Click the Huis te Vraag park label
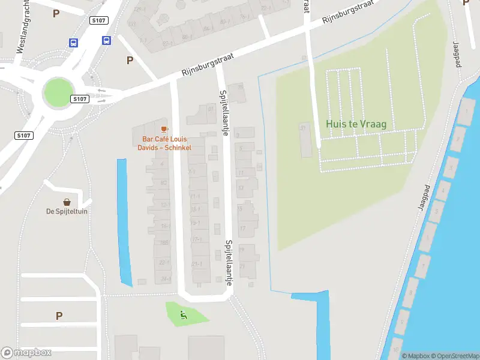pyautogui.click(x=356, y=124)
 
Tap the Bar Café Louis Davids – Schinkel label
pyautogui.click(x=163, y=143)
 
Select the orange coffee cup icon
pyautogui.click(x=164, y=129)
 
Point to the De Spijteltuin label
pyautogui.click(x=67, y=211)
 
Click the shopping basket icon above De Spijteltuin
pyautogui.click(x=67, y=202)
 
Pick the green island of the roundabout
pyautogui.click(x=57, y=93)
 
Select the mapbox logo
pyautogui.click(x=26, y=353)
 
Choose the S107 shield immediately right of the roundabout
pyautogui.click(x=79, y=98)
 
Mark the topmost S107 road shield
pyautogui.click(x=98, y=20)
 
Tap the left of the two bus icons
pyautogui.click(x=73, y=43)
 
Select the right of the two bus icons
pyautogui.click(x=106, y=41)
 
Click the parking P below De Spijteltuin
pyautogui.click(x=59, y=316)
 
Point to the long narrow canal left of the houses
pyautogui.click(x=124, y=222)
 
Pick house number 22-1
pyautogui.click(x=164, y=263)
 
